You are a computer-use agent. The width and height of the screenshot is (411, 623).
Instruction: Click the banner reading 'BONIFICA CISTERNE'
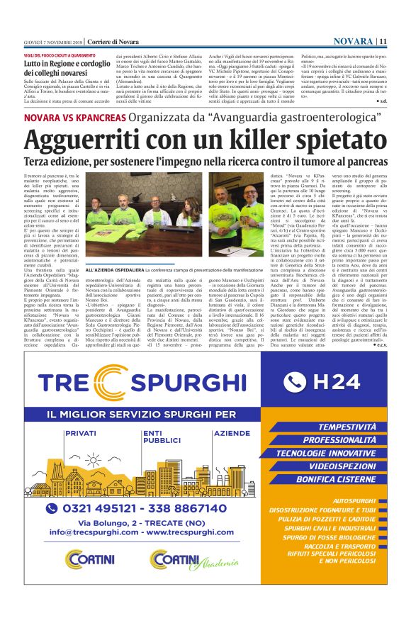(337, 479)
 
